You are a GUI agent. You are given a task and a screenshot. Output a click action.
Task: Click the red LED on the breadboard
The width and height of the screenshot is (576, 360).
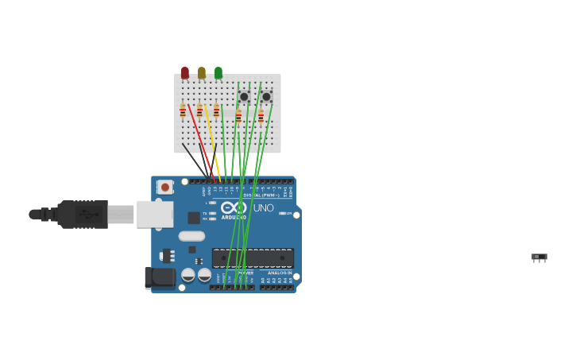click(x=185, y=73)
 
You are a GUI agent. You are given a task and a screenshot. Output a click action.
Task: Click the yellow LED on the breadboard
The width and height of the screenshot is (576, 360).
click(x=202, y=73)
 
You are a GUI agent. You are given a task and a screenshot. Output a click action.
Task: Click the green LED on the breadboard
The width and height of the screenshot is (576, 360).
click(x=218, y=73)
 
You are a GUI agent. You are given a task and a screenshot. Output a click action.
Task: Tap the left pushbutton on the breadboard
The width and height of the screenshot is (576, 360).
click(x=244, y=97)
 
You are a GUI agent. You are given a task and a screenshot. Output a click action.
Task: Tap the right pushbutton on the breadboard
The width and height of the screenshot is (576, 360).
click(x=266, y=97)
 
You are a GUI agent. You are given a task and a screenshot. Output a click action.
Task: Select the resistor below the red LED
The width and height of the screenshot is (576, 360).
click(x=183, y=111)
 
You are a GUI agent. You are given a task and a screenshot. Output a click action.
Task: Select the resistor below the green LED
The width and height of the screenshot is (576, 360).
click(x=216, y=111)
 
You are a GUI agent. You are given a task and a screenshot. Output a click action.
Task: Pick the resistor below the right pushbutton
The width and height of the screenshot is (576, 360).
click(x=261, y=117)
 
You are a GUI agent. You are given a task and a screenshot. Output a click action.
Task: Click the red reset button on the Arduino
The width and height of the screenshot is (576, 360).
click(x=165, y=187)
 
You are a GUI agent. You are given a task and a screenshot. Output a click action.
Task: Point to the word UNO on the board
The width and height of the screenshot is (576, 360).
click(x=263, y=208)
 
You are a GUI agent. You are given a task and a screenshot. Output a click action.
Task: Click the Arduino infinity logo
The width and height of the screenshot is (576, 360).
click(x=234, y=207)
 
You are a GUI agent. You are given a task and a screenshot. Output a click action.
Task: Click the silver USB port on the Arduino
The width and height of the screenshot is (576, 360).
click(x=154, y=214)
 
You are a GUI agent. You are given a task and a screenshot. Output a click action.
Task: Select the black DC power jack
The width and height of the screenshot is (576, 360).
click(x=160, y=277)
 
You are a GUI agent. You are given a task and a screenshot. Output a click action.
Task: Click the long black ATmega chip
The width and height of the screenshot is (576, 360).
click(x=253, y=258)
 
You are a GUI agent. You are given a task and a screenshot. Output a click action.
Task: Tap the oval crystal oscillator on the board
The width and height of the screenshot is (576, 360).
click(x=191, y=236)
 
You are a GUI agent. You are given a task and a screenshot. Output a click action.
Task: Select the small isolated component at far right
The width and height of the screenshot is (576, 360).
click(x=539, y=257)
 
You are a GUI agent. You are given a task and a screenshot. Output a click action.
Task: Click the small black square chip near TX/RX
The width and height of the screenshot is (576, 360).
click(x=194, y=218)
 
